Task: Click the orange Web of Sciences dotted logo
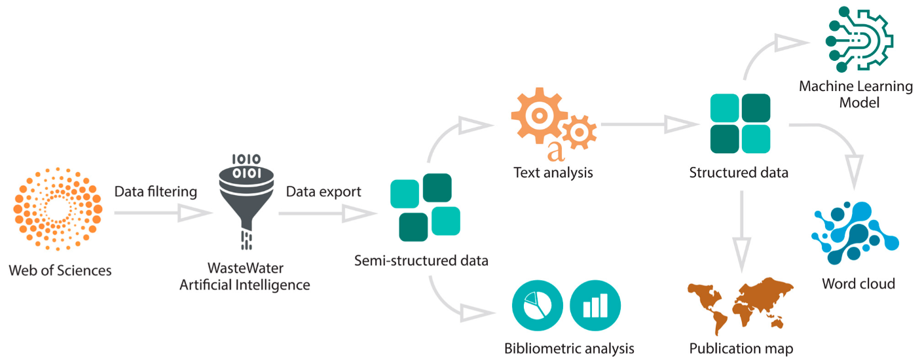[x=58, y=209]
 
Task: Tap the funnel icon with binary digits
[x=246, y=202]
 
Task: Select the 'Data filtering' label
[x=156, y=192]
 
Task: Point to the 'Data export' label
[x=323, y=192]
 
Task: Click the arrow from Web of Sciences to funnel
[x=162, y=213]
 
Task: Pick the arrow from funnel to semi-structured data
[x=327, y=213]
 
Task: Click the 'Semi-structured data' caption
[x=421, y=261]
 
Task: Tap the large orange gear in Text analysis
[x=539, y=116]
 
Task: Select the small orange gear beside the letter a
[x=580, y=132]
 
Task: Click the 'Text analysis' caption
[x=553, y=172]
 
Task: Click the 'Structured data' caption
[x=739, y=172]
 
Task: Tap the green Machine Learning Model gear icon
[x=859, y=39]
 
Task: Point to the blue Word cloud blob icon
[x=855, y=233]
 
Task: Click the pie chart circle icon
[x=538, y=305]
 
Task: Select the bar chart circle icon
[x=595, y=305]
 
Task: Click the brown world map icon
[x=741, y=304]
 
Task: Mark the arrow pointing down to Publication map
[x=741, y=231]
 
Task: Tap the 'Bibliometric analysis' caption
[x=569, y=348]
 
